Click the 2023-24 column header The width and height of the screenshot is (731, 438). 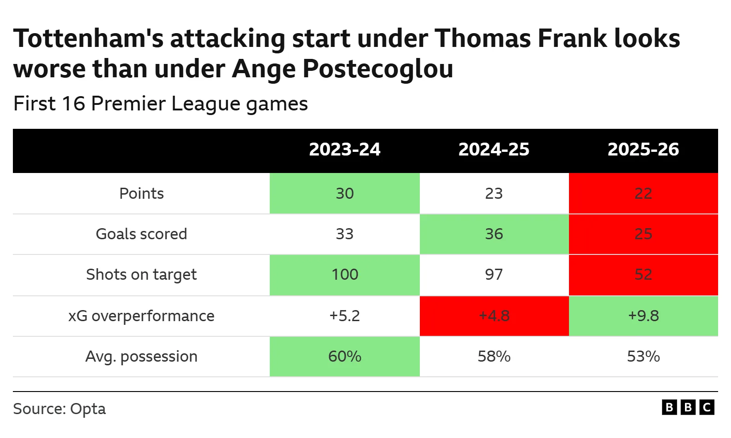click(x=344, y=150)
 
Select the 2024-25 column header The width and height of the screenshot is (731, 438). click(x=494, y=150)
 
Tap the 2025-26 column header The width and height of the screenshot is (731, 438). click(x=643, y=150)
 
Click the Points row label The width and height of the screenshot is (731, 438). click(x=141, y=194)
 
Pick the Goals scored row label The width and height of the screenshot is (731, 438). click(x=141, y=234)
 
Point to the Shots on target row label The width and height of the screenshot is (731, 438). click(x=141, y=275)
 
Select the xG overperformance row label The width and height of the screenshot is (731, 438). click(x=141, y=316)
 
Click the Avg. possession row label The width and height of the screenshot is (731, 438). click(x=141, y=357)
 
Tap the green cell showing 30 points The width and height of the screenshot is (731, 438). click(x=344, y=194)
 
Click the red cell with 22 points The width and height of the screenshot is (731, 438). click(x=643, y=194)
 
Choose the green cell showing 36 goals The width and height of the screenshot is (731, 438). click(x=494, y=234)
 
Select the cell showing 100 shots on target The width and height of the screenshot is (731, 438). click(x=344, y=275)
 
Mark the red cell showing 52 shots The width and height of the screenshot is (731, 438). click(x=643, y=275)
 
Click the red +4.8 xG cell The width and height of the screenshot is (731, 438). click(x=494, y=316)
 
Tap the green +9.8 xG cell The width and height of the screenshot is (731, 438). click(x=643, y=316)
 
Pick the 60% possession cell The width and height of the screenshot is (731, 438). click(x=344, y=357)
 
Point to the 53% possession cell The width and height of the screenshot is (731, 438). click(x=643, y=357)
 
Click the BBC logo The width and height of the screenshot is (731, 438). click(x=688, y=407)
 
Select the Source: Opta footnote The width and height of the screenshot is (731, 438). click(x=59, y=409)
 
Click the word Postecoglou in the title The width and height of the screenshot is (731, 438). click(x=377, y=69)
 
